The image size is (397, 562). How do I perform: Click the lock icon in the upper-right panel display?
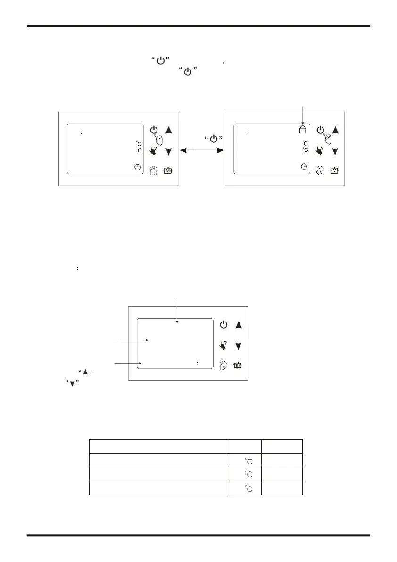[x=302, y=130]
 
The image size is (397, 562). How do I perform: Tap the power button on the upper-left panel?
[x=154, y=131]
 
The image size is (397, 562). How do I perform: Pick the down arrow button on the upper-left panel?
[x=168, y=151]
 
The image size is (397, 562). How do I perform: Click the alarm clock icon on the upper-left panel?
[x=154, y=171]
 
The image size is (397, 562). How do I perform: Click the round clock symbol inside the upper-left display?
[x=137, y=166]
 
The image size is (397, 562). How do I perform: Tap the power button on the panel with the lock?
[x=321, y=130]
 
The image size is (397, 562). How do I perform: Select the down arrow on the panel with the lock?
[x=335, y=151]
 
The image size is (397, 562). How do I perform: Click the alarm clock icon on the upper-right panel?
[x=321, y=171]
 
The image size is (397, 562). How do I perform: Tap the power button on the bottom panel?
[x=224, y=325]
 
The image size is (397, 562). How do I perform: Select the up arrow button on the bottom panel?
[x=239, y=325]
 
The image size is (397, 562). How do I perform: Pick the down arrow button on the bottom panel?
[x=239, y=346]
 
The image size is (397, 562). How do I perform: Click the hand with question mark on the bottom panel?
[x=223, y=346]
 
